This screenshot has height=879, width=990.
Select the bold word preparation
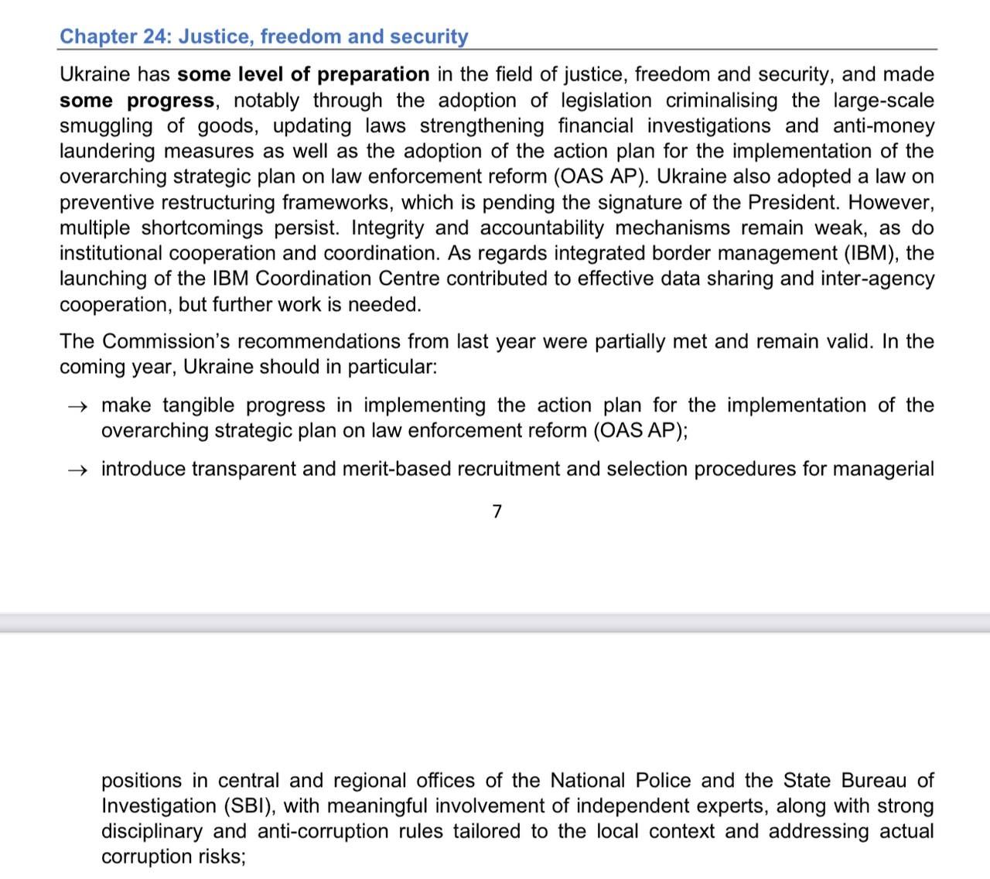pos(374,74)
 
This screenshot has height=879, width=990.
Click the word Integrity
pos(387,227)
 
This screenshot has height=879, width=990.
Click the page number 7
pos(497,511)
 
